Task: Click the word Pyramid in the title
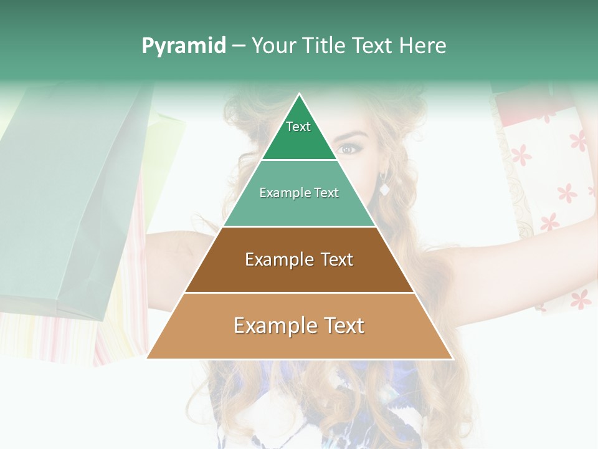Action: (x=184, y=46)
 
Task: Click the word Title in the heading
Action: (x=325, y=46)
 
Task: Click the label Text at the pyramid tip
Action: (x=298, y=127)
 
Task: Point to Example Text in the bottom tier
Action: (x=299, y=326)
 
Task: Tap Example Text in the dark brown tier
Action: (x=299, y=259)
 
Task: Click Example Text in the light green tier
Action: (x=299, y=193)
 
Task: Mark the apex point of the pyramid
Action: (x=300, y=94)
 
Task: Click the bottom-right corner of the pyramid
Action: (x=453, y=359)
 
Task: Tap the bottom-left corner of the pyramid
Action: (x=146, y=359)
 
